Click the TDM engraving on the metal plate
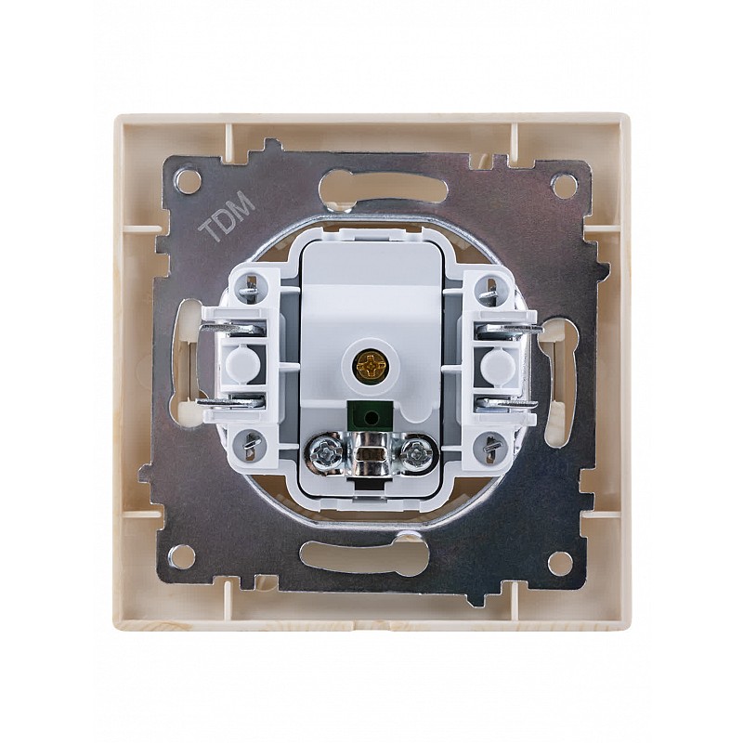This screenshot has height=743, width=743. (228, 216)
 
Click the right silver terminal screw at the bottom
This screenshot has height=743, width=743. (416, 450)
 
